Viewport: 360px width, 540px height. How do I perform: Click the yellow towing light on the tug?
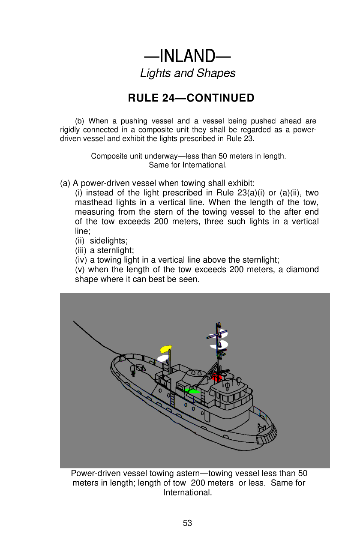point(165,348)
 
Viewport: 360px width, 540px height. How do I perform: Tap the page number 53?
point(187,523)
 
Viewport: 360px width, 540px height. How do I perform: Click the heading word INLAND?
point(187,56)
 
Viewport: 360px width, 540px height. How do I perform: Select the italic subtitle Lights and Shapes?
point(188,73)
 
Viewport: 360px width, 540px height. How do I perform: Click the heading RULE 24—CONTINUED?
point(191,98)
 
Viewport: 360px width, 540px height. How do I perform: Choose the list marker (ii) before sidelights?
point(80,241)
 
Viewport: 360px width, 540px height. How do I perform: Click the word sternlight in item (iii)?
point(115,250)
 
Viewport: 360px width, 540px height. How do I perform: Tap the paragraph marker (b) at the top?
point(80,121)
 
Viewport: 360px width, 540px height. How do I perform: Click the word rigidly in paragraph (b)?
point(70,130)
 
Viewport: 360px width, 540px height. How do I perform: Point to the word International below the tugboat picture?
point(187,492)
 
